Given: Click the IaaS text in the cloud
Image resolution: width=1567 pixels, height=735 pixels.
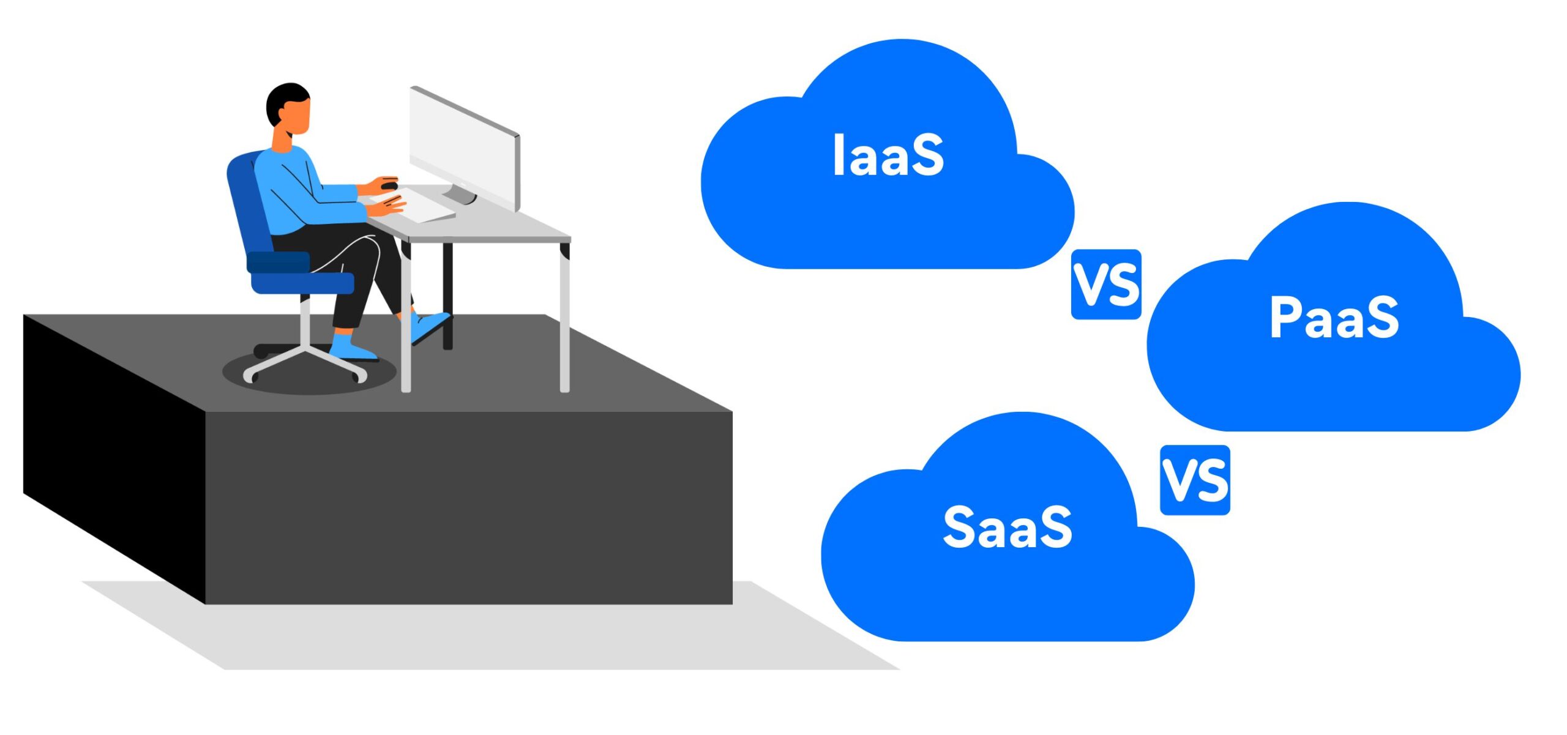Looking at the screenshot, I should pyautogui.click(x=888, y=156).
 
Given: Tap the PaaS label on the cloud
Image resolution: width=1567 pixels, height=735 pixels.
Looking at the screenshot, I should pyautogui.click(x=1334, y=317).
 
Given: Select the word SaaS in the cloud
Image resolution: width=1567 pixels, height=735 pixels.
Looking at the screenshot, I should pyautogui.click(x=1008, y=528).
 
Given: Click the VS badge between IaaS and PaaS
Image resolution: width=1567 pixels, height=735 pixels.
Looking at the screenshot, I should pyautogui.click(x=1106, y=285).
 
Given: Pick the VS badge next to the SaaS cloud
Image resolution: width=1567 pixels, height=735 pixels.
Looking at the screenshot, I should pyautogui.click(x=1195, y=480).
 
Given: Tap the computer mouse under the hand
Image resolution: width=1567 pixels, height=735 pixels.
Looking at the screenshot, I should pyautogui.click(x=389, y=184).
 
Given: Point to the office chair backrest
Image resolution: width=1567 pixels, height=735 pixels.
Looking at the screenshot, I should pyautogui.click(x=245, y=196).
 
